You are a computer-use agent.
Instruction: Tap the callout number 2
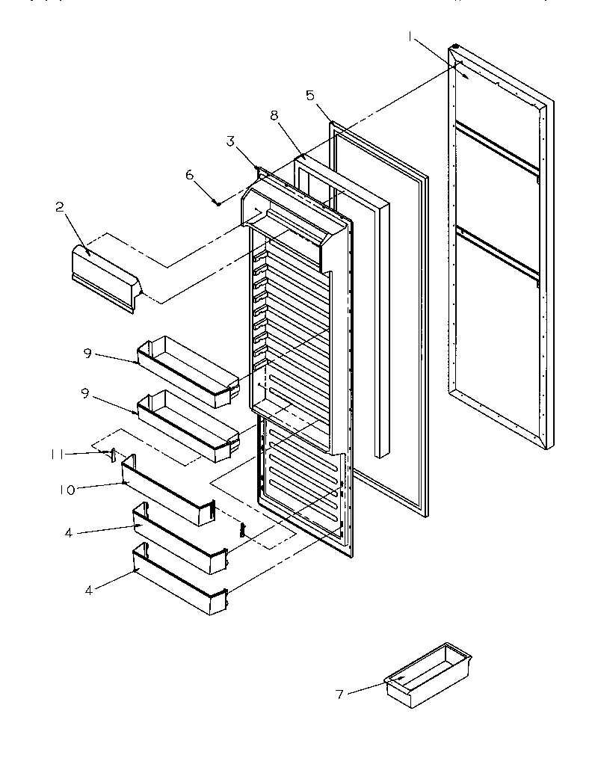coord(59,209)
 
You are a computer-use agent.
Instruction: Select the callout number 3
coord(231,141)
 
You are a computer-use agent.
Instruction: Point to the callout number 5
coord(310,95)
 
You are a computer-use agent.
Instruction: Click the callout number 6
coord(189,174)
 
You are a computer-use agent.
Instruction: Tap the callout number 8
coord(274,116)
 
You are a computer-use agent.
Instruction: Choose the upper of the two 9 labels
coord(87,353)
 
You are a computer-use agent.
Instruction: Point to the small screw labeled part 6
coord(217,201)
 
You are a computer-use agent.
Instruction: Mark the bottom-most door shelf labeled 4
coord(179,579)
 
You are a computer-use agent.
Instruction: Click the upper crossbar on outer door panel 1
coord(497,148)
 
